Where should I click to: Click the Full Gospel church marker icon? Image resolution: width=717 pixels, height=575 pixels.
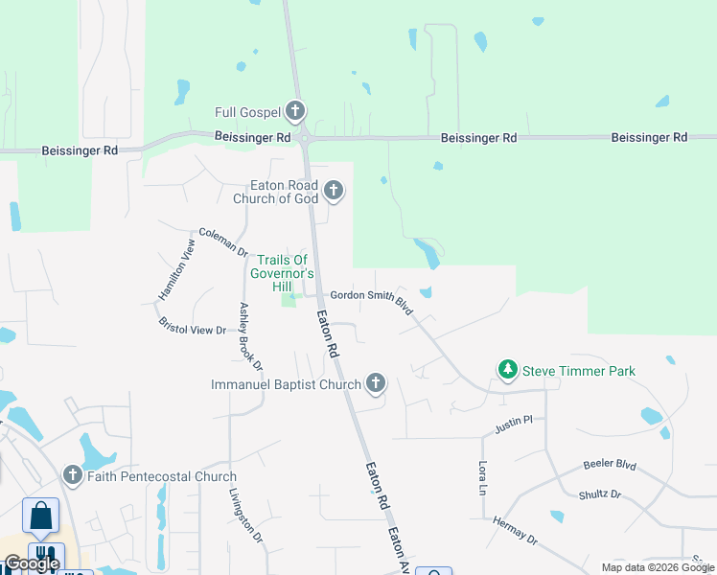coord(295,110)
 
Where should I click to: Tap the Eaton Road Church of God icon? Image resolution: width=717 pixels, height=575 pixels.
coord(333,191)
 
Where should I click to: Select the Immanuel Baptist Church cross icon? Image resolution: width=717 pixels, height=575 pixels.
coord(375,384)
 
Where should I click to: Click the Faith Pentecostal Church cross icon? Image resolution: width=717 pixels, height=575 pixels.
coord(72,475)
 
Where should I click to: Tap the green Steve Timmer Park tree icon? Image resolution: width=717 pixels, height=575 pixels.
coord(507,370)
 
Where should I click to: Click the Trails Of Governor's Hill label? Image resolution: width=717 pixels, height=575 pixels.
coord(282,273)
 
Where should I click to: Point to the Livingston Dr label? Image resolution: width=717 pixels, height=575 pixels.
coord(245,516)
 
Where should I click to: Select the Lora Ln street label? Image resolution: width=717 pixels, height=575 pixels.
coord(482,477)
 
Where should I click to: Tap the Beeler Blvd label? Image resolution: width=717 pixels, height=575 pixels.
coord(610,466)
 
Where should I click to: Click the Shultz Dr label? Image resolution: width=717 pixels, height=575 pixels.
coord(599,494)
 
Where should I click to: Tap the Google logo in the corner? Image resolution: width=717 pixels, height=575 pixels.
coord(32,563)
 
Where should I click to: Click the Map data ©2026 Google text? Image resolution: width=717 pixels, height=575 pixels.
coord(659,567)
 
